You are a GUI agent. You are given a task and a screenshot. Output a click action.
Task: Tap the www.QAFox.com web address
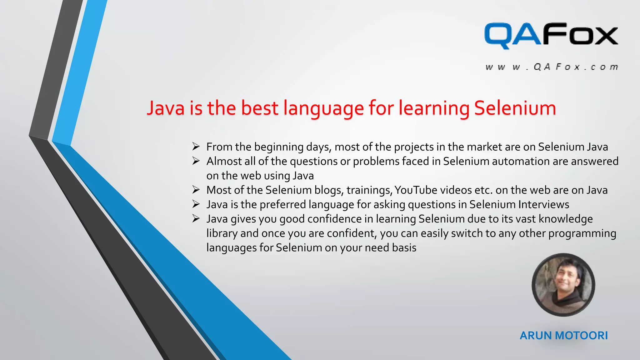pyautogui.click(x=552, y=67)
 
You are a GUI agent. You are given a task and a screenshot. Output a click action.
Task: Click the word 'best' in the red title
pyautogui.click(x=259, y=108)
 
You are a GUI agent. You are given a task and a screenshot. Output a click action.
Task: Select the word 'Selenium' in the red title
pyautogui.click(x=515, y=108)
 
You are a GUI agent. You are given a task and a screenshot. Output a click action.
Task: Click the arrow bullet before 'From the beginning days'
pyautogui.click(x=196, y=146)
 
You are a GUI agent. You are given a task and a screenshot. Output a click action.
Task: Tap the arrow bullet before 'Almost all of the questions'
pyautogui.click(x=196, y=161)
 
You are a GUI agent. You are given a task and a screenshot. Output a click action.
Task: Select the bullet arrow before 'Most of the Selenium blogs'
pyautogui.click(x=196, y=189)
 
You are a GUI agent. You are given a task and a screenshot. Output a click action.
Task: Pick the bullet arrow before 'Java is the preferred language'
pyautogui.click(x=196, y=204)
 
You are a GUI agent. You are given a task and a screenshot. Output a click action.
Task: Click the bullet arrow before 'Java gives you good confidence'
pyautogui.click(x=196, y=218)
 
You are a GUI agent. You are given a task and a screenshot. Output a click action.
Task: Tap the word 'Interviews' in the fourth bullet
pyautogui.click(x=544, y=204)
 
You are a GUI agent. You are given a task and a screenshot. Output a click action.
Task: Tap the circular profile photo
pyautogui.click(x=563, y=285)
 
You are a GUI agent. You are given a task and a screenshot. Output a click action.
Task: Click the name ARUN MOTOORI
pyautogui.click(x=564, y=335)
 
